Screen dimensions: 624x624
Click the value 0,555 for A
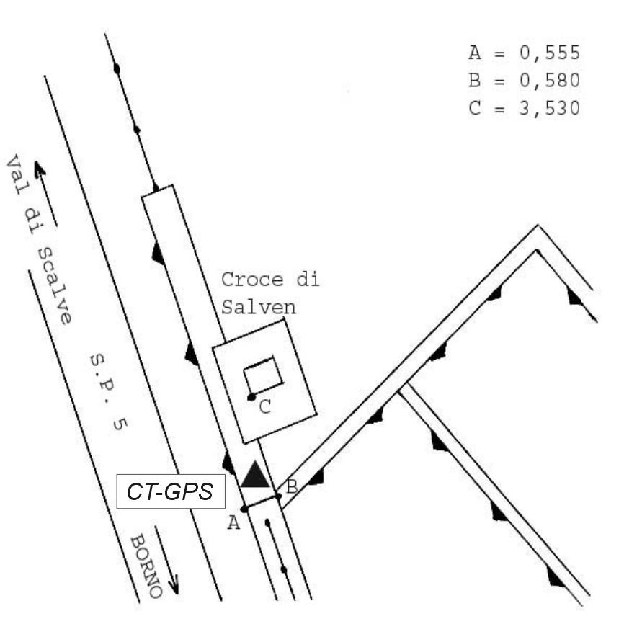click(x=550, y=53)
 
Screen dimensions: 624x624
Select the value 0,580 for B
click(x=550, y=81)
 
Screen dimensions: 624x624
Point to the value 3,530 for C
click(x=550, y=108)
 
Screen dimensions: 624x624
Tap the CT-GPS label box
click(x=171, y=491)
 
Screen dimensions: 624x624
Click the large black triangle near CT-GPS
click(x=255, y=476)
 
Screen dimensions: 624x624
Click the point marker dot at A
click(x=244, y=509)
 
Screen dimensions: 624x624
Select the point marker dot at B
click(x=278, y=496)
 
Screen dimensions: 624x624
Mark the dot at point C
click(x=251, y=397)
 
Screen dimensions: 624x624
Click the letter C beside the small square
click(x=265, y=407)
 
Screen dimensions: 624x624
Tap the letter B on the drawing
click(x=292, y=486)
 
